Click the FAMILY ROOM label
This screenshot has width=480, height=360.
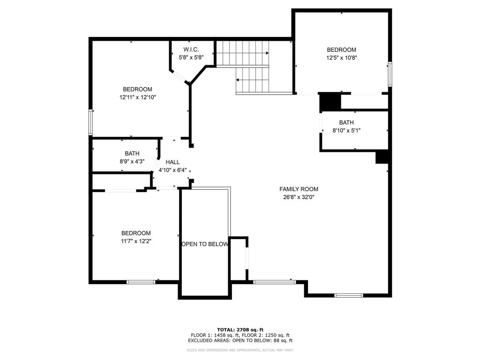tap(299, 189)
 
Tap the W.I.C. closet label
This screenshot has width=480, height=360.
tap(191, 49)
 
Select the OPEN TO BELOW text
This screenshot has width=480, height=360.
tap(205, 244)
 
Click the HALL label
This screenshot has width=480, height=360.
tap(172, 162)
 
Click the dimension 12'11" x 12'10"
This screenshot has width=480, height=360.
tap(137, 97)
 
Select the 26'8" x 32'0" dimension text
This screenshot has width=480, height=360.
tap(299, 197)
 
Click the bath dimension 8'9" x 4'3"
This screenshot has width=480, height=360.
tap(132, 161)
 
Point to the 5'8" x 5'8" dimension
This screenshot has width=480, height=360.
tap(191, 57)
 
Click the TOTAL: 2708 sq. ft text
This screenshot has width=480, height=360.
tap(240, 330)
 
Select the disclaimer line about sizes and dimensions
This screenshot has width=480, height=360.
tap(240, 350)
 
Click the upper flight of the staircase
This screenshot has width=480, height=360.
tap(242, 53)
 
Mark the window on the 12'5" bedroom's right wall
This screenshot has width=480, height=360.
tap(390, 74)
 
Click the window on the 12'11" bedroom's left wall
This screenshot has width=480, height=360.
tap(91, 122)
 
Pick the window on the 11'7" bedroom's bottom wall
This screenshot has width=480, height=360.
tap(141, 282)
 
